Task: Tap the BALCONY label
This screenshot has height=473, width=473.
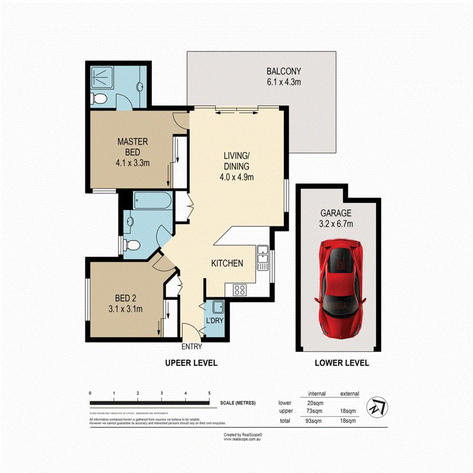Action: tap(283, 71)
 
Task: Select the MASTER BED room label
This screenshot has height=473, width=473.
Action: tap(132, 141)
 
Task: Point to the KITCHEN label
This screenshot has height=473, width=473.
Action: tap(227, 263)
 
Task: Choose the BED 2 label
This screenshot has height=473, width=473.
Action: tap(125, 299)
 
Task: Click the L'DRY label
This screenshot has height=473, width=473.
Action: tap(214, 320)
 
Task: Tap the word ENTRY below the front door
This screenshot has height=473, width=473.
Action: tap(191, 346)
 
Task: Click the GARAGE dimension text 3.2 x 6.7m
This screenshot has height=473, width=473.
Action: tap(336, 224)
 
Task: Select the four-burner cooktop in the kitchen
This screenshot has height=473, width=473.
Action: tap(240, 290)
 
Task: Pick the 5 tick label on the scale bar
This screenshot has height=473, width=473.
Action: tap(209, 393)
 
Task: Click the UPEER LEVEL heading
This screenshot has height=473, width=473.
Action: tap(191, 363)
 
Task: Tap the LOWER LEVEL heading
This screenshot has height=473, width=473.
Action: tap(341, 363)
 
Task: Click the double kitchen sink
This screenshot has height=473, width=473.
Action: tap(262, 256)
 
